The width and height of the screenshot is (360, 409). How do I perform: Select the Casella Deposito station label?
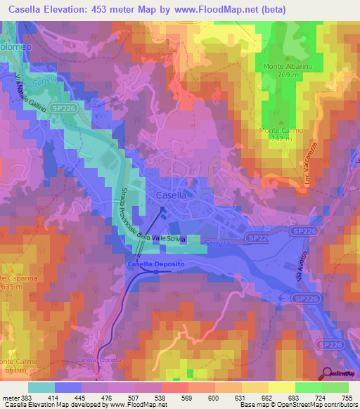click(x=155, y=263)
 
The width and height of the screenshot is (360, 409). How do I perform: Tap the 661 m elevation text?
click(x=14, y=370)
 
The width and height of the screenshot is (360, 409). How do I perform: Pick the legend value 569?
click(x=175, y=398)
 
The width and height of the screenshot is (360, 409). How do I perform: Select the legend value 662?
click(x=261, y=398)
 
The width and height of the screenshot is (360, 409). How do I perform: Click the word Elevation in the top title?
click(x=71, y=8)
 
